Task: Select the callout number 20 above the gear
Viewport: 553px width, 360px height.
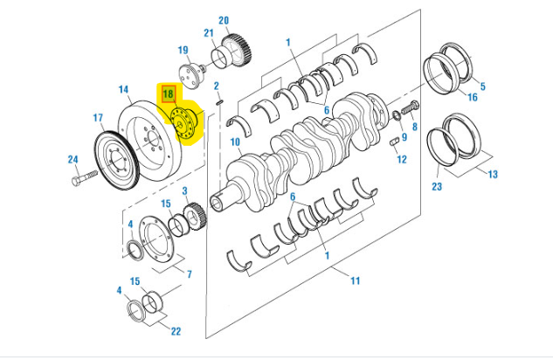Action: click(x=223, y=20)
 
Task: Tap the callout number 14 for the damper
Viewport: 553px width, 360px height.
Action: click(x=124, y=89)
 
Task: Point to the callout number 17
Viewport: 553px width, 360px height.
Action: click(x=98, y=117)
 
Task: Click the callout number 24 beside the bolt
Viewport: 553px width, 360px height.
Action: click(x=73, y=159)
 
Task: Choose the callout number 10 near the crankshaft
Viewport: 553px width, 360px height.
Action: click(x=235, y=142)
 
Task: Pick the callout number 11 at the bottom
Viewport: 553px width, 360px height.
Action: click(x=355, y=280)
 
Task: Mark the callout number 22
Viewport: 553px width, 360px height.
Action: click(x=176, y=331)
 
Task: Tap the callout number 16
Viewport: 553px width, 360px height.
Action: click(x=472, y=98)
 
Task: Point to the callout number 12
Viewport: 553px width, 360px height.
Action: click(x=401, y=159)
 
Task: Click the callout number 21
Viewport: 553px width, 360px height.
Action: click(x=209, y=33)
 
